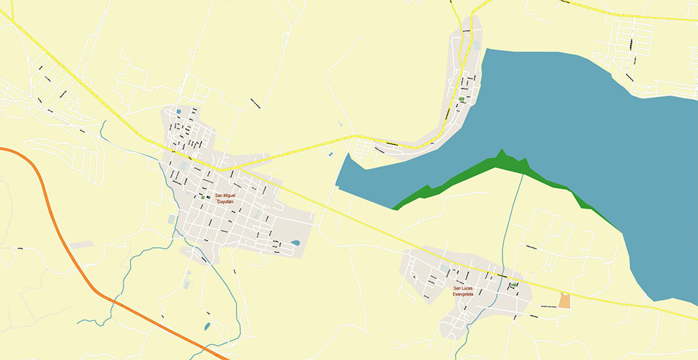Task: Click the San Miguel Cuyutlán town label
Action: (224, 198)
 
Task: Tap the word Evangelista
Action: (463, 294)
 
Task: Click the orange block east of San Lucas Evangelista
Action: (564, 301)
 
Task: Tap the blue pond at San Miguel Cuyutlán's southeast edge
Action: (295, 243)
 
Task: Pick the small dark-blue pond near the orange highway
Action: (206, 326)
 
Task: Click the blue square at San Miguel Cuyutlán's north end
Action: (178, 112)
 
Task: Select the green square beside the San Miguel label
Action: (202, 197)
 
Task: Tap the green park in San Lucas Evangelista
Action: (514, 285)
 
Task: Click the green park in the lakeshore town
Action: (461, 99)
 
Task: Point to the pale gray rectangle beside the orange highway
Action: (82, 245)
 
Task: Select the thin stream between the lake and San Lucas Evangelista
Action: (515, 223)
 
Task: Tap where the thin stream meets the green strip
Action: (522, 174)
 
